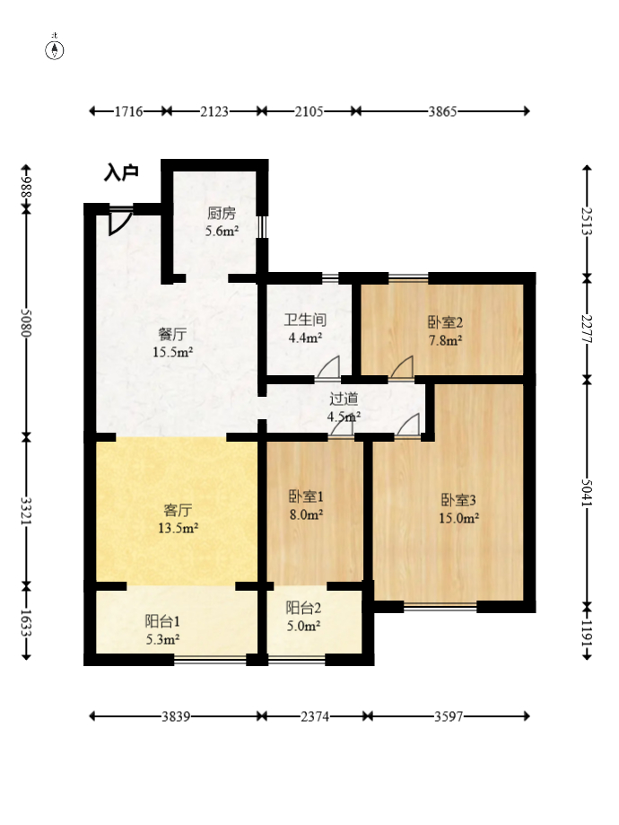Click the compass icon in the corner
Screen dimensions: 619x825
point(54,49)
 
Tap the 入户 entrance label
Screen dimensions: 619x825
point(121,172)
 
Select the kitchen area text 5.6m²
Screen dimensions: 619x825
point(222,231)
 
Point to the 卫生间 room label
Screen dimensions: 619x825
point(305,320)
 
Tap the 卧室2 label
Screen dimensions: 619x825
point(445,322)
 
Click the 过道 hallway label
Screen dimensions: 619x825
point(344,399)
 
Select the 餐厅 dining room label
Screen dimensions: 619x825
point(172,334)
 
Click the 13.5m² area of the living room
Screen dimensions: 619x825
point(178,528)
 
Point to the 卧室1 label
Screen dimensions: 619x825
point(306,496)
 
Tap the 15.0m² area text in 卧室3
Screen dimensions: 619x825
point(458,518)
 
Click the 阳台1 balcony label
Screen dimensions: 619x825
point(162,621)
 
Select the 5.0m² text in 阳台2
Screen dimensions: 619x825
point(303,626)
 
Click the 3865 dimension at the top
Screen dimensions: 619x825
point(442,111)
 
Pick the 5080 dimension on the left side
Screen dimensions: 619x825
point(26,322)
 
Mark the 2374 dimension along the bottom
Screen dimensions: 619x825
point(315,716)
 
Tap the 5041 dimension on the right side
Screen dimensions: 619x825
point(587,493)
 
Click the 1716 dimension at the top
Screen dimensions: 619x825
point(129,111)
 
